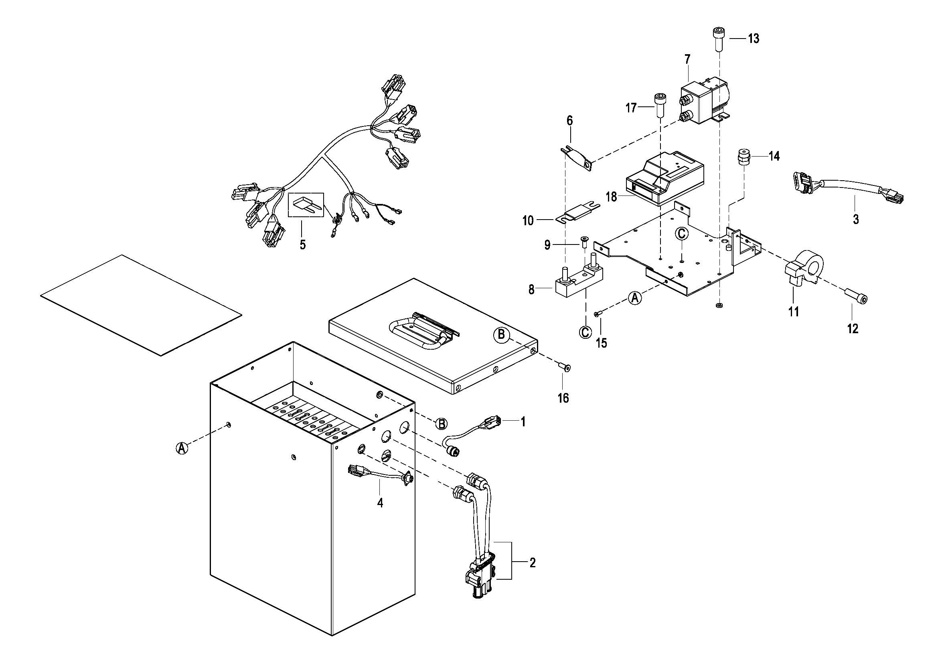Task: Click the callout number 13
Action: tap(754, 39)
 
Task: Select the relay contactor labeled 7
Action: tap(703, 103)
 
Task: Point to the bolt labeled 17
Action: tap(659, 104)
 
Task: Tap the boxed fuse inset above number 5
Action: tap(306, 204)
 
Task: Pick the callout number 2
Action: tap(532, 563)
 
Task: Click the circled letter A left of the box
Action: tap(182, 448)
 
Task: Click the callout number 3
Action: tap(856, 220)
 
